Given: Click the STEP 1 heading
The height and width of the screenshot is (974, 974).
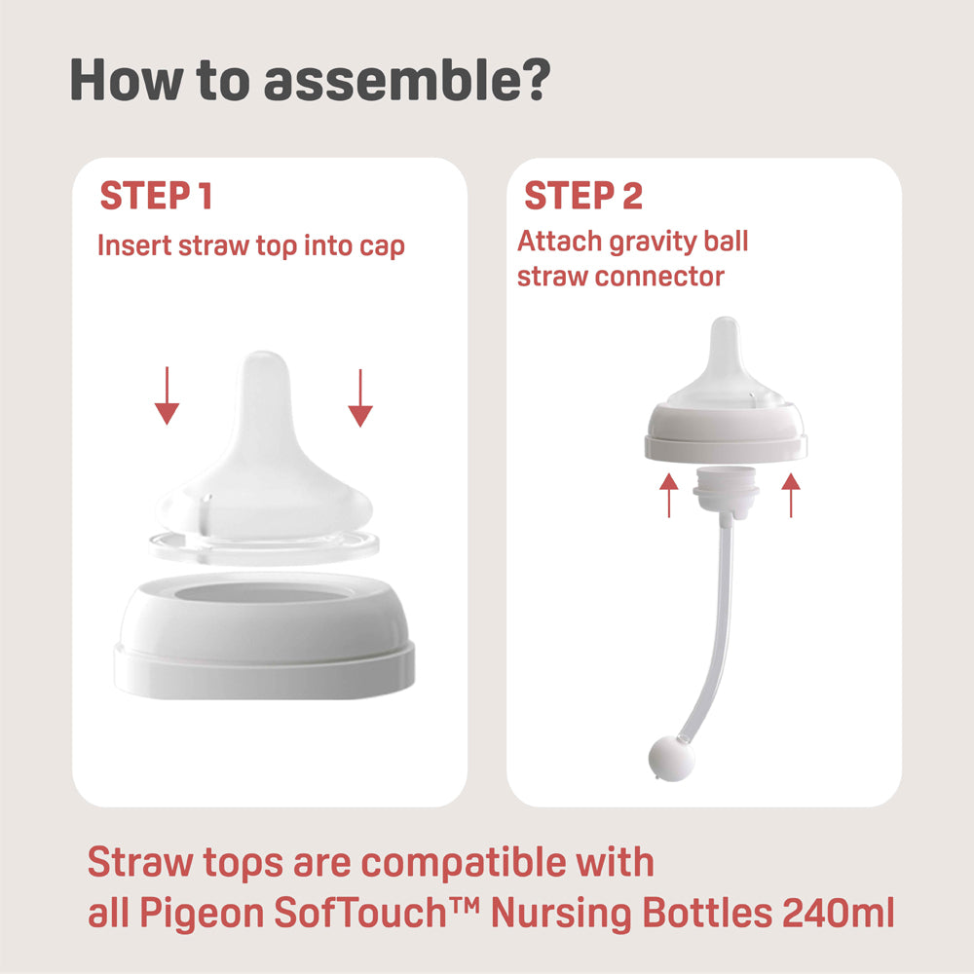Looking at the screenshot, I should [x=156, y=196].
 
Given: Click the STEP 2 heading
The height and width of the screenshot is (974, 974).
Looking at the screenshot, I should [x=583, y=196].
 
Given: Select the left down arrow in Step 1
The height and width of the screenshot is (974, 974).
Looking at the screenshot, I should [x=168, y=396].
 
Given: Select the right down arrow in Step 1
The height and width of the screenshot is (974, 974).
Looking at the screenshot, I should [x=361, y=396].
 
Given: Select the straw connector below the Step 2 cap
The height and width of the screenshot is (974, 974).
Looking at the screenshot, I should [x=726, y=487].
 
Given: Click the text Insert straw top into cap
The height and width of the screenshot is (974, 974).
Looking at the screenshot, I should [x=251, y=245].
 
